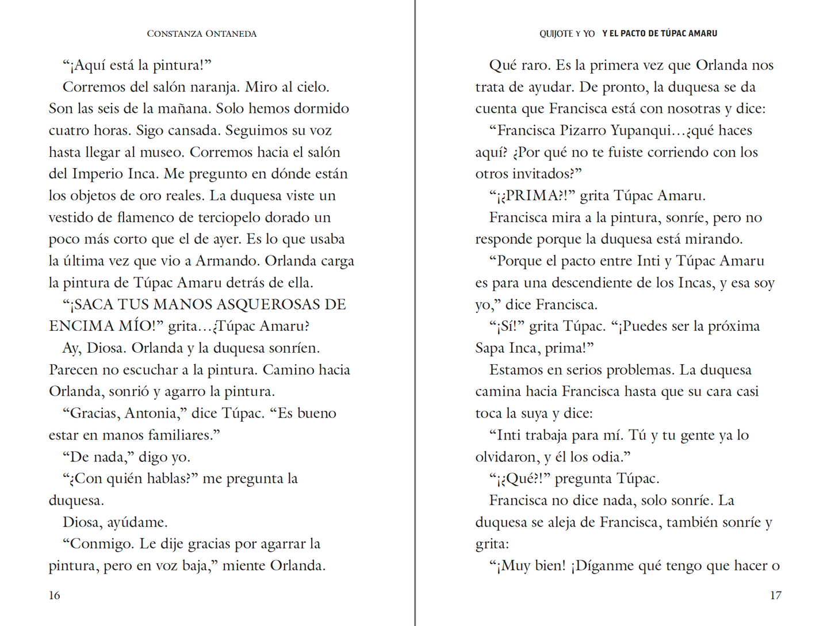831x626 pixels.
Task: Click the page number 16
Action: [x=55, y=596]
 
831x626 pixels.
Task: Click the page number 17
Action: [x=775, y=596]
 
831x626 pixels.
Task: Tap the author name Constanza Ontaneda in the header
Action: [x=201, y=34]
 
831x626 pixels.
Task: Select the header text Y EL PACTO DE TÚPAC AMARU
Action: [x=660, y=34]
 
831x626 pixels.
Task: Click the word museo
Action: [x=163, y=152]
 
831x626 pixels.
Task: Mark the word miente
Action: [x=244, y=566]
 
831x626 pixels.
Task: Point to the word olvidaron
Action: [x=506, y=457]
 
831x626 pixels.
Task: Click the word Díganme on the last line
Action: [x=604, y=566]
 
